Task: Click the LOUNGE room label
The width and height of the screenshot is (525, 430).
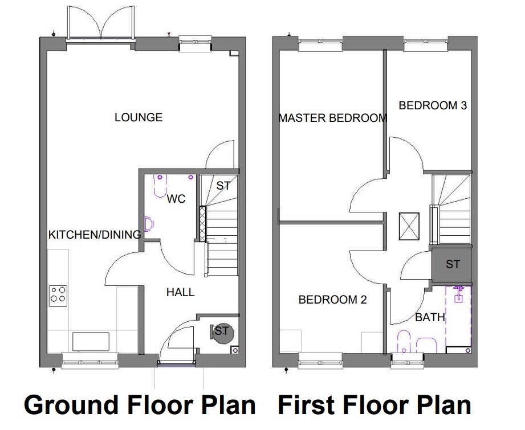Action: pyautogui.click(x=139, y=117)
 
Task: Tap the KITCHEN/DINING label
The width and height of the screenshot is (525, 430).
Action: pyautogui.click(x=95, y=235)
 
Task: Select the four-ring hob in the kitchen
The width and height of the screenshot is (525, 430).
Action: pyautogui.click(x=58, y=296)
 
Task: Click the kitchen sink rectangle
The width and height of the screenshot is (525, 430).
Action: pyautogui.click(x=91, y=342)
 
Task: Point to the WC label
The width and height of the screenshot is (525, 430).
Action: pyautogui.click(x=176, y=199)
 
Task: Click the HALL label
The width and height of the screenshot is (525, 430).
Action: pyautogui.click(x=181, y=292)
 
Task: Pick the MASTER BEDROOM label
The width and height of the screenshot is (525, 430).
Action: pyautogui.click(x=333, y=118)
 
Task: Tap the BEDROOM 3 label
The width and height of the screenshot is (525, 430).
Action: pyautogui.click(x=433, y=105)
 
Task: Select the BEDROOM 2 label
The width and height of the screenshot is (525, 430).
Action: pyautogui.click(x=332, y=300)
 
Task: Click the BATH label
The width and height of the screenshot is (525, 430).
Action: pyautogui.click(x=430, y=317)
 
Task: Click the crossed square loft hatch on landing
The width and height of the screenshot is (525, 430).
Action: pyautogui.click(x=409, y=226)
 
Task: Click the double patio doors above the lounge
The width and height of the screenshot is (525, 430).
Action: pyautogui.click(x=101, y=23)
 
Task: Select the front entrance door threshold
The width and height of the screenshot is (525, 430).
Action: pyautogui.click(x=177, y=363)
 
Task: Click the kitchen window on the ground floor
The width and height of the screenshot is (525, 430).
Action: pyautogui.click(x=90, y=361)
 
